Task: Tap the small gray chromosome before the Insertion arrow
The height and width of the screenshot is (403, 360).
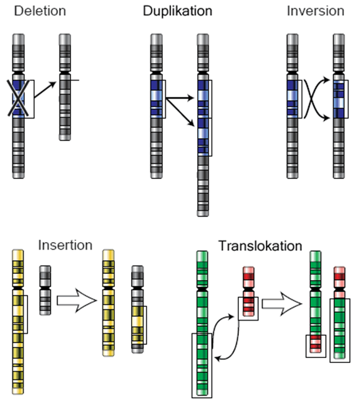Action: pos(45,290)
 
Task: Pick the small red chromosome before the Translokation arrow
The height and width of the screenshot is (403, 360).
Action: pos(248,293)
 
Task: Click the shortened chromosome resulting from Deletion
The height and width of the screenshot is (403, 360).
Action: pos(65,87)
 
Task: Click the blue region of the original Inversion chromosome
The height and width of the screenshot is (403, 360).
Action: pos(293,98)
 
